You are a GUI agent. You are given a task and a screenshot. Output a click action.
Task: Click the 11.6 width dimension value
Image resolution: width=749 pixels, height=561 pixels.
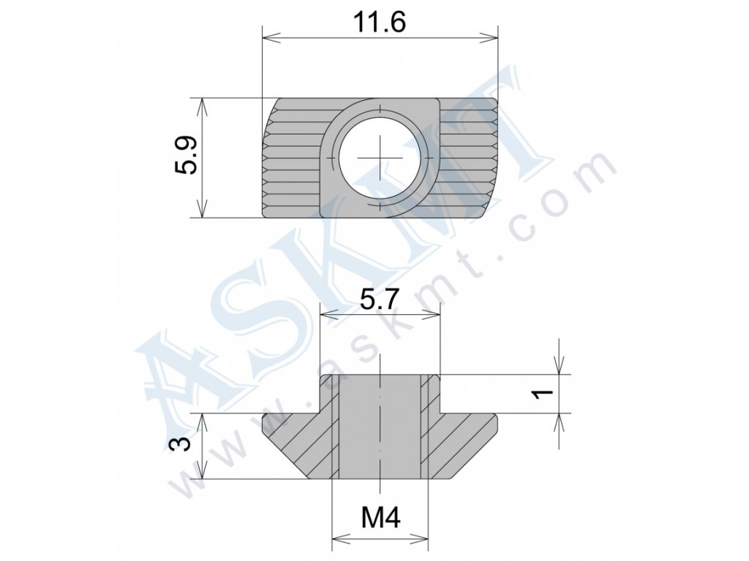click(x=380, y=23)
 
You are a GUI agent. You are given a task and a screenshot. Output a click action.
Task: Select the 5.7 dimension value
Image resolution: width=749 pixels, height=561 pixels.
click(x=380, y=301)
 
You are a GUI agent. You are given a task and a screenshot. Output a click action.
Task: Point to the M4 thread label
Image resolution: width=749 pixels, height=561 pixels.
click(x=380, y=517)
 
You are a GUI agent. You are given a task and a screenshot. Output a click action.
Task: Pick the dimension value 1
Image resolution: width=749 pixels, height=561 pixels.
click(x=543, y=393)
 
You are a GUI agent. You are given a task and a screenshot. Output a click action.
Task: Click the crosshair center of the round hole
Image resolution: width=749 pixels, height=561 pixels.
click(x=380, y=158)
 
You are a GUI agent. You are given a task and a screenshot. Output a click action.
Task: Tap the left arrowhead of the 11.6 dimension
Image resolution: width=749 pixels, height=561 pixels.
click(x=270, y=37)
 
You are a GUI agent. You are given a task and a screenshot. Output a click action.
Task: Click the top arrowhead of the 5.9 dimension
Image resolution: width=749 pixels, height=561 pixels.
click(x=203, y=106)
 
